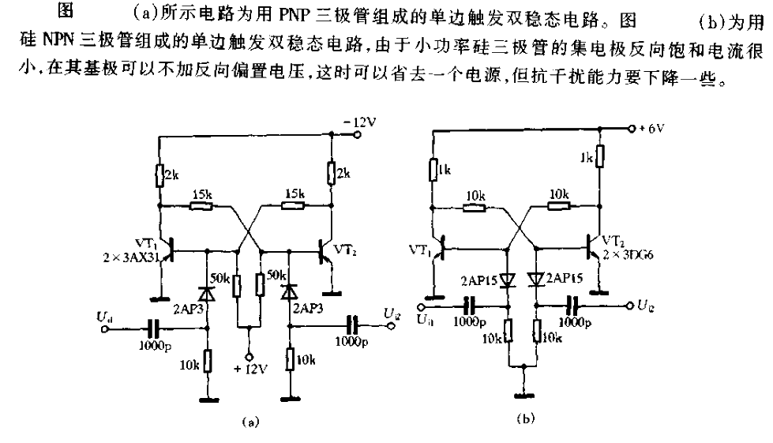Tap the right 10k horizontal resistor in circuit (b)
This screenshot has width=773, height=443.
click(559, 207)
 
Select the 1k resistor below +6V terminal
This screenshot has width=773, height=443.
click(599, 156)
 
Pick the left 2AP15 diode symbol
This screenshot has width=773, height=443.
click(507, 279)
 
